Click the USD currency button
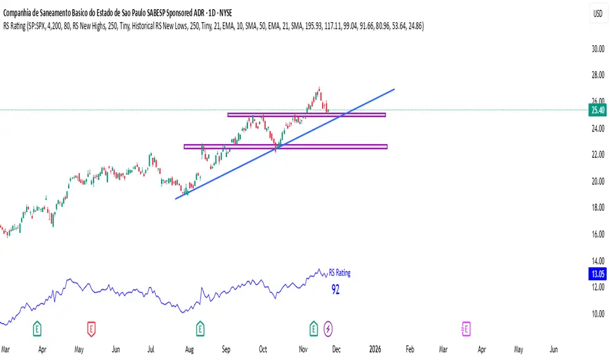click(596, 14)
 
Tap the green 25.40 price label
click(596, 109)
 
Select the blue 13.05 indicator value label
click(596, 274)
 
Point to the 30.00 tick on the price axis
click(596, 48)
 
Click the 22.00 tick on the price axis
click(596, 154)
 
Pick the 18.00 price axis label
click(596, 207)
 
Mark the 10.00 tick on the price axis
click(596, 314)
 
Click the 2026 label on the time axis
click(375, 349)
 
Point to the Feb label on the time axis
click(409, 349)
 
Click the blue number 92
click(335, 289)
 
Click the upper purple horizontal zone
click(306, 115)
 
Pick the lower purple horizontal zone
click(285, 147)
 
